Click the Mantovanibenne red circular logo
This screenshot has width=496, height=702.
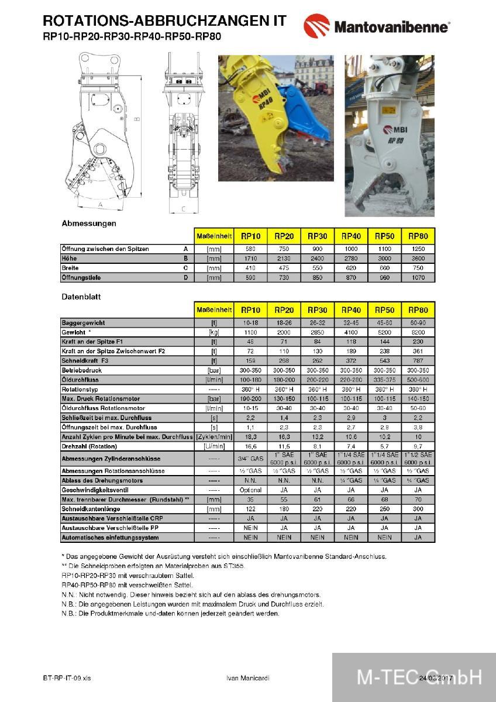click(x=316, y=26)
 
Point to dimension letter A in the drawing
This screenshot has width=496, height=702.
click(x=100, y=205)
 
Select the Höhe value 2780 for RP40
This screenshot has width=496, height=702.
click(x=351, y=259)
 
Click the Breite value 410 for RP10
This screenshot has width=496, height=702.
click(x=251, y=268)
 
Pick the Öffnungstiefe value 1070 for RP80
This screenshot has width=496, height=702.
click(x=418, y=278)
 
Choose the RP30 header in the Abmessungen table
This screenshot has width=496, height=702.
click(x=318, y=236)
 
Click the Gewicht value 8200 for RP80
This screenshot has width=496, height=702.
click(x=418, y=332)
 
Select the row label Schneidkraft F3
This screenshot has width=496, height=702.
click(x=85, y=360)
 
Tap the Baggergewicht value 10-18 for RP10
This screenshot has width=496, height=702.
click(x=251, y=323)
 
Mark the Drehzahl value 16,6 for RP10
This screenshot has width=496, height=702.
click(x=251, y=446)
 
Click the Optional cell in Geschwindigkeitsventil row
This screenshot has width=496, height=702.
click(x=251, y=490)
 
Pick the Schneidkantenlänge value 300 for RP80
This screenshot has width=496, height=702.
click(x=418, y=509)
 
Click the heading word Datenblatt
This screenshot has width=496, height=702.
click(x=81, y=297)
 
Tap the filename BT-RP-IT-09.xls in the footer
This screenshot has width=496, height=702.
click(x=67, y=678)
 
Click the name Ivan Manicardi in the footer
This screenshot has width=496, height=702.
click(x=248, y=678)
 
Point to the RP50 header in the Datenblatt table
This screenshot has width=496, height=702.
click(x=384, y=309)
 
